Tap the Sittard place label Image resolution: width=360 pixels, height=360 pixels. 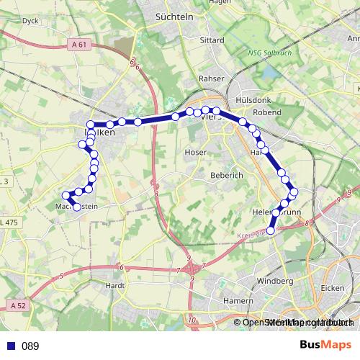click(212, 40)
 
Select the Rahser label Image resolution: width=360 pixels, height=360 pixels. click(212, 78)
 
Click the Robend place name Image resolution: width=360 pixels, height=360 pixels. click(268, 112)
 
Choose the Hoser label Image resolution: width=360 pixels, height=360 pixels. click(196, 153)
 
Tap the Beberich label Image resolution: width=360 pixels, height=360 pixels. click(228, 175)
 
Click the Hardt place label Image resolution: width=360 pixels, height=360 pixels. click(115, 285)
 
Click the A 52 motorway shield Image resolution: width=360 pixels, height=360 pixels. click(19, 306)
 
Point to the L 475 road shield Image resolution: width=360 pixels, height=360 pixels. click(9, 223)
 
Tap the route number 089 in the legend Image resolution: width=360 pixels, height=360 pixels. click(30, 346)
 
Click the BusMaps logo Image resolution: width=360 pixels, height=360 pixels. click(326, 345)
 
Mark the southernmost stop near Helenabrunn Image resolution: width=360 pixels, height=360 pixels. click(271, 230)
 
